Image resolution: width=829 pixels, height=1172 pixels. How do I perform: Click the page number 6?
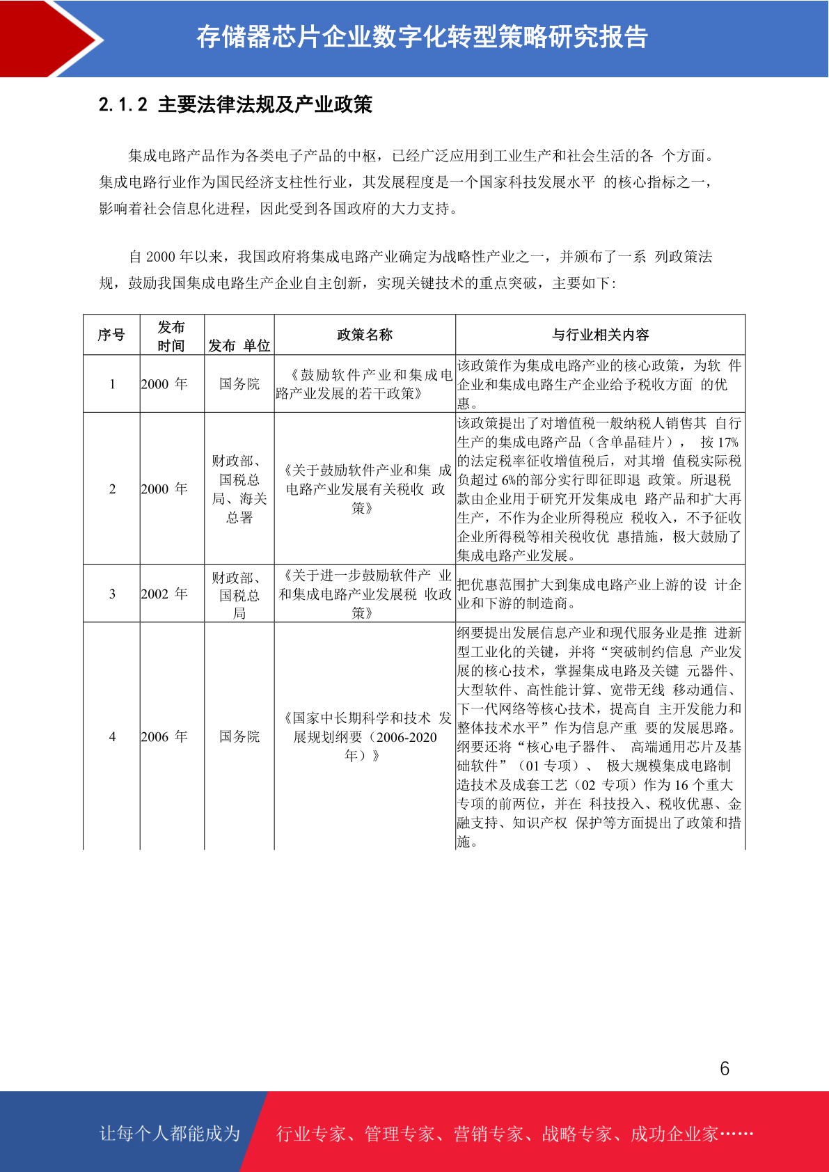tap(725, 1068)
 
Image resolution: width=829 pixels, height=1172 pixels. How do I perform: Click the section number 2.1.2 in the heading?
tap(123, 105)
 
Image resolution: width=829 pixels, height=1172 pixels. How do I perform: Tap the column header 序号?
tap(111, 335)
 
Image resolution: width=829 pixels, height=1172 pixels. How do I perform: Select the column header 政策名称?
tap(365, 335)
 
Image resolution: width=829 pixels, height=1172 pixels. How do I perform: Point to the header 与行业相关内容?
tap(600, 335)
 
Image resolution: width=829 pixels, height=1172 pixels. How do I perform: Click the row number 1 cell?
tap(112, 384)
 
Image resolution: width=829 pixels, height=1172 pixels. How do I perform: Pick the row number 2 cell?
tap(112, 489)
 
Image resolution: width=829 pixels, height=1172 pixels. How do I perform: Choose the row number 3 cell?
tap(112, 594)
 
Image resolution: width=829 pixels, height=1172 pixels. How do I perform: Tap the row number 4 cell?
tap(112, 736)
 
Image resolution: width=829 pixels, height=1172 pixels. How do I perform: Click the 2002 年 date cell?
tap(164, 594)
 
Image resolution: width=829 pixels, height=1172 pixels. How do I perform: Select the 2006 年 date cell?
tap(164, 736)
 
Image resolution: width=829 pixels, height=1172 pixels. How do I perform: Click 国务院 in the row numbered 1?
tap(239, 384)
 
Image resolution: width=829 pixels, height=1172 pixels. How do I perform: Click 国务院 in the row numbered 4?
tap(239, 736)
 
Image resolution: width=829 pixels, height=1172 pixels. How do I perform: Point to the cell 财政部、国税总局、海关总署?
tap(239, 489)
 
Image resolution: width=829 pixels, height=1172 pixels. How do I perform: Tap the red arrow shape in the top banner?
tap(49, 38)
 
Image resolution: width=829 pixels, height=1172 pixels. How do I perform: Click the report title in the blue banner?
tap(422, 38)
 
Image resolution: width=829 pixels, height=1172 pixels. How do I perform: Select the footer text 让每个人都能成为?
tap(170, 1134)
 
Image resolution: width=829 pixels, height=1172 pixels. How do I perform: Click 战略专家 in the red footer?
tap(577, 1134)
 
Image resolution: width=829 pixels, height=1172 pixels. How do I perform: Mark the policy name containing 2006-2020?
tap(365, 736)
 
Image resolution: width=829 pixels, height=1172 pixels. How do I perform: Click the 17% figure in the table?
tap(728, 442)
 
